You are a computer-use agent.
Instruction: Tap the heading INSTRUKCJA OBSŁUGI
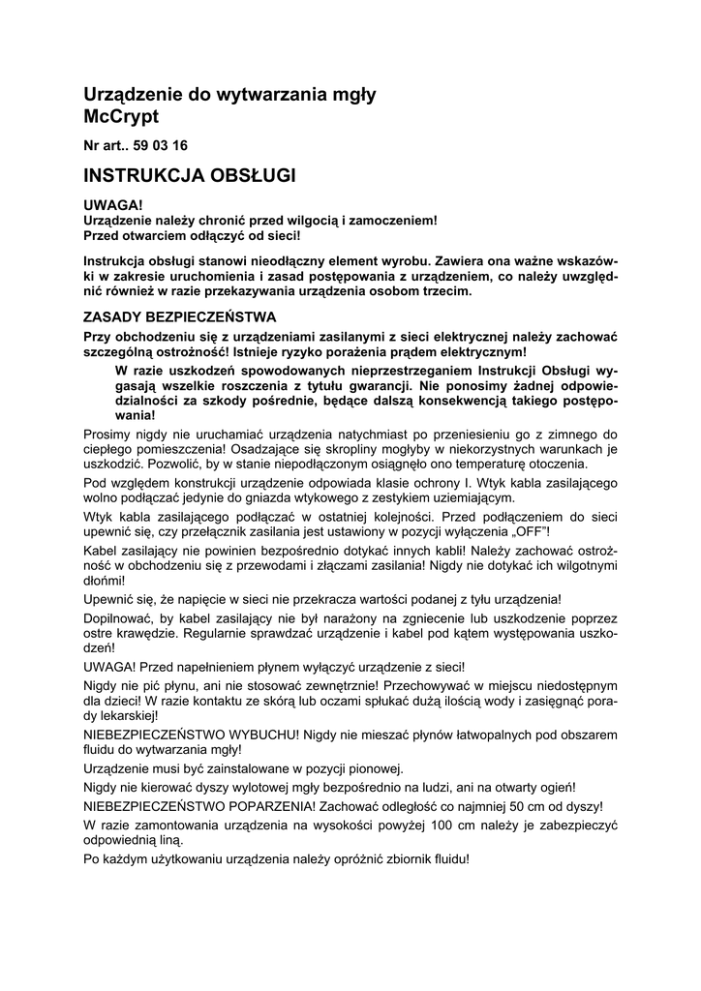pos(190,175)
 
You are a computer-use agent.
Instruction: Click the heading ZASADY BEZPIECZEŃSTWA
pos(180,316)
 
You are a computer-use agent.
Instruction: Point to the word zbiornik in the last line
pos(362,858)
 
